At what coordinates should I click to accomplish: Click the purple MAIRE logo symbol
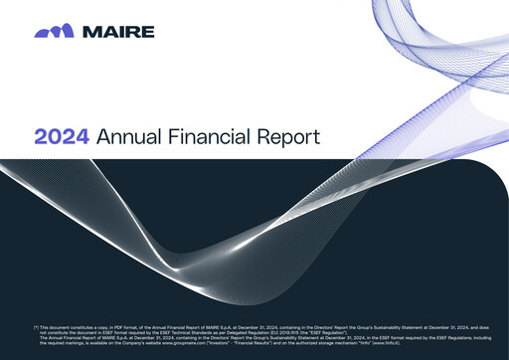click(52, 32)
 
